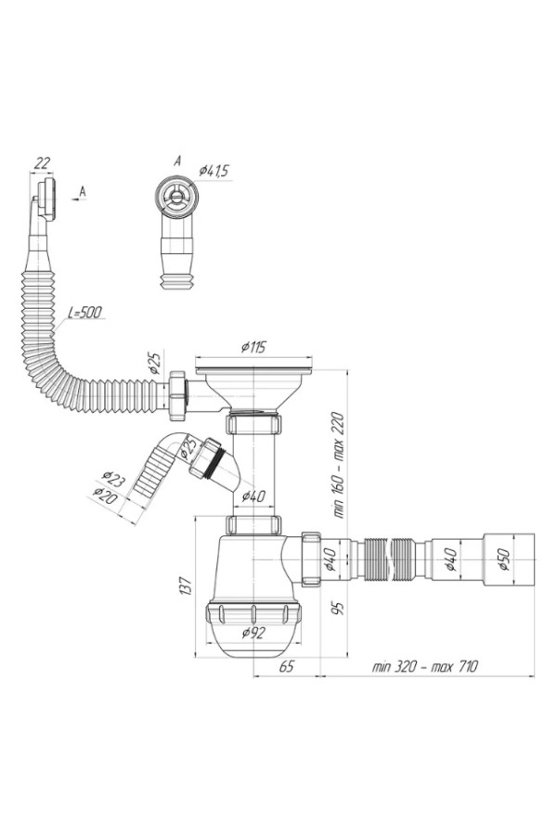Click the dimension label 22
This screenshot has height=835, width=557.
[x=42, y=163]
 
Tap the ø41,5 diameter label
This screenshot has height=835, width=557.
[x=214, y=171]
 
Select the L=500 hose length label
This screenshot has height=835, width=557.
[x=84, y=312]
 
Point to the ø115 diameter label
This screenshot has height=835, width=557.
[x=253, y=348]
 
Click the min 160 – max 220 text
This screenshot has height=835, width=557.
[x=340, y=466]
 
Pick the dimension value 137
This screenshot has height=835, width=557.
[x=186, y=585]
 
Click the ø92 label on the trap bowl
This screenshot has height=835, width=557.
[x=253, y=633]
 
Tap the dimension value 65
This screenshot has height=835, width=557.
[x=286, y=667]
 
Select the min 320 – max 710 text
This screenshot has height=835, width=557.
[x=425, y=666]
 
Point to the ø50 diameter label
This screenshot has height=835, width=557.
[x=504, y=559]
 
